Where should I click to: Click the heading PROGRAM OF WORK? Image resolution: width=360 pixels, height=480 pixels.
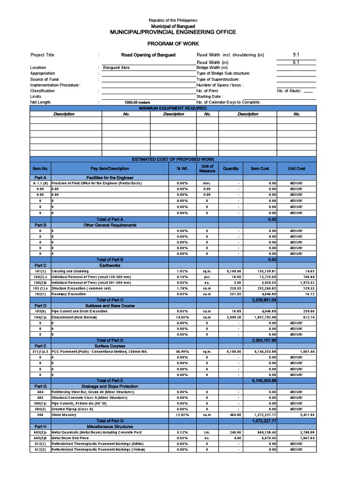click(x=173, y=43)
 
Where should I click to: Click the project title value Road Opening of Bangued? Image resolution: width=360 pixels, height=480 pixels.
click(x=148, y=55)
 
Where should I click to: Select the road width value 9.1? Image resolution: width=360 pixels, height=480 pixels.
click(x=296, y=55)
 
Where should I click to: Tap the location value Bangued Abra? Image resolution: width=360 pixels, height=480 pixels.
click(x=117, y=67)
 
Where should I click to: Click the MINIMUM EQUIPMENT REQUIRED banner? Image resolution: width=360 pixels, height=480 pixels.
click(x=173, y=108)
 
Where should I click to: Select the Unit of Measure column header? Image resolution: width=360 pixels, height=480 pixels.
click(x=207, y=168)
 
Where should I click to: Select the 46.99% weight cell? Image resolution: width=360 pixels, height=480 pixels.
click(x=182, y=352)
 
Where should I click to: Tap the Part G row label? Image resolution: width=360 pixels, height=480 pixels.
click(x=40, y=386)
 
